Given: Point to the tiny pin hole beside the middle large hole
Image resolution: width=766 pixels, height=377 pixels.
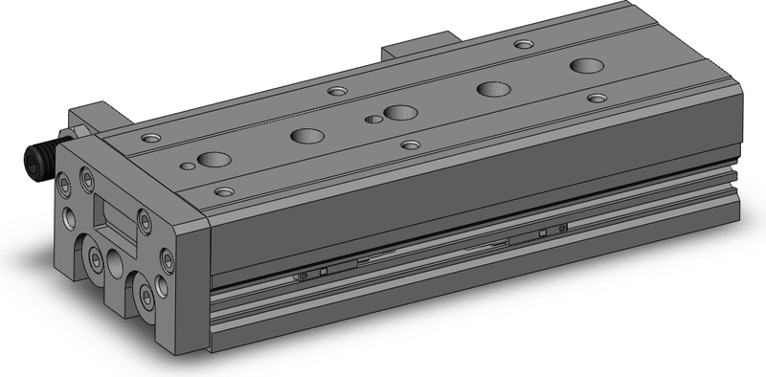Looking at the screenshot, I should click(x=372, y=120).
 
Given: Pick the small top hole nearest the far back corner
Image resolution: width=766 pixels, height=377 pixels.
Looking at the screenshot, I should click(x=522, y=43).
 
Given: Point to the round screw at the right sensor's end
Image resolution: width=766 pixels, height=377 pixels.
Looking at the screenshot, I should click(x=563, y=228).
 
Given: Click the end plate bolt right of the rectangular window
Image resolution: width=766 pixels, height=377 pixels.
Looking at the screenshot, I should click(x=144, y=222).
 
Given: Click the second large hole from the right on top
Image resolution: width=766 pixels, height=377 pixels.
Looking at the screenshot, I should click(x=493, y=89).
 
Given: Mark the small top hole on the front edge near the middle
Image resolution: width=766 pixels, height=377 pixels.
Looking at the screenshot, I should click(x=410, y=144).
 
